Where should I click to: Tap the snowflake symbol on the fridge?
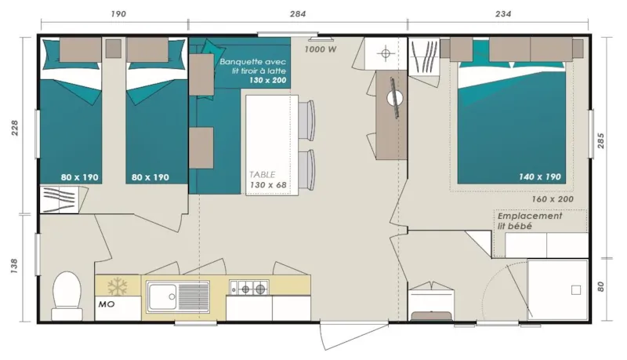(x=116, y=285)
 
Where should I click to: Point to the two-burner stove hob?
(x=249, y=289)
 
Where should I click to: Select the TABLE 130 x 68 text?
(x=268, y=180)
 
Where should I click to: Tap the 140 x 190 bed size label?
(x=540, y=177)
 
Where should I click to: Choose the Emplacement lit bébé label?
(x=530, y=221)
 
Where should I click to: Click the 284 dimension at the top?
(x=298, y=14)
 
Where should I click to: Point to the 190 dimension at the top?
(x=118, y=14)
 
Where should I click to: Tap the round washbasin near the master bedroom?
(x=397, y=99)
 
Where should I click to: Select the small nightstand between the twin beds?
(x=114, y=49)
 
